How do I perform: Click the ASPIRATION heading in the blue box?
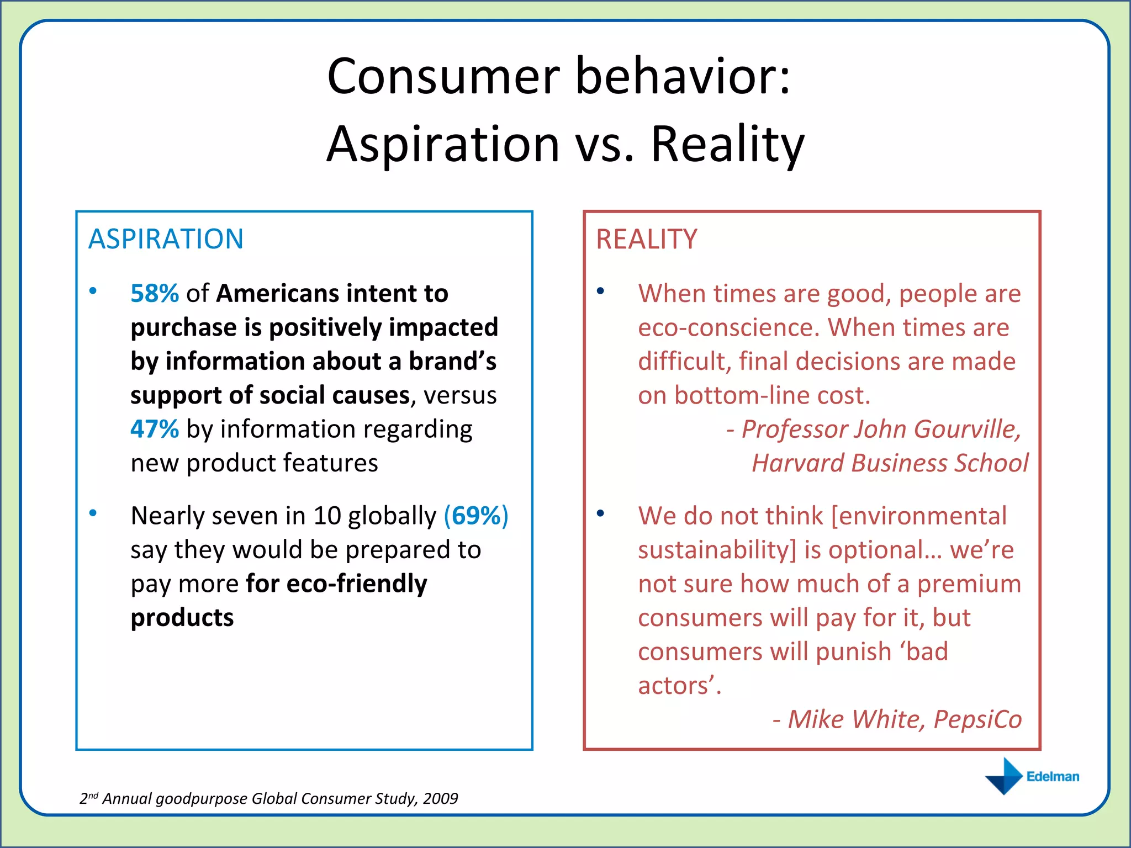tap(166, 239)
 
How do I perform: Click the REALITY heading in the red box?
tap(646, 239)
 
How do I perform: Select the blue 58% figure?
tap(155, 293)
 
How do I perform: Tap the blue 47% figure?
tap(155, 429)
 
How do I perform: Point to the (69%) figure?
tap(476, 516)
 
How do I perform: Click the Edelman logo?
tap(1032, 776)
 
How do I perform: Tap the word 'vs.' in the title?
tap(605, 144)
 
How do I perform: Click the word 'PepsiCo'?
tap(977, 719)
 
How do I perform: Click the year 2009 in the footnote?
tap(441, 798)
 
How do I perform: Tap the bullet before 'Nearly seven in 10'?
tap(93, 513)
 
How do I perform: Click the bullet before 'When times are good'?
tap(600, 291)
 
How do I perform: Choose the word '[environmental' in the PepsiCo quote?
tap(919, 516)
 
